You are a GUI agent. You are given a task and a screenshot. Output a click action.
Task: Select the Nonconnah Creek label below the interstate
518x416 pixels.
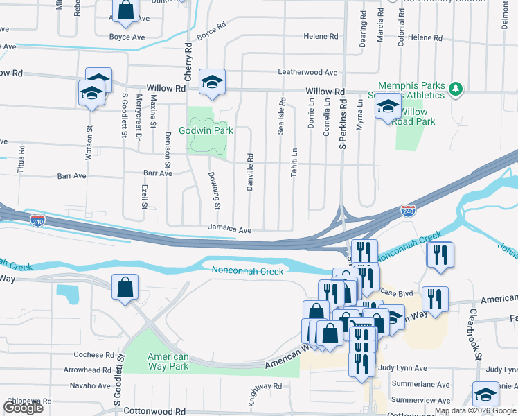coord(247,271)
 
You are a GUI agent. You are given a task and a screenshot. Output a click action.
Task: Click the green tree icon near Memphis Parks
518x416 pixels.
coord(455,88)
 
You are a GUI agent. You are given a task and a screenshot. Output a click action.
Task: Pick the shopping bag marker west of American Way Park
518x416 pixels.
coord(125,288)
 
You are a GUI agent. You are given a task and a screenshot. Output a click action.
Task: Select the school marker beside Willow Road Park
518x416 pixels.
coord(388,107)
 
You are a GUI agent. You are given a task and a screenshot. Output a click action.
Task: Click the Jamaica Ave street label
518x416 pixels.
coord(229,229)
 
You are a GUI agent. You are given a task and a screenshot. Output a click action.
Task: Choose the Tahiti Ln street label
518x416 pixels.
coord(294,162)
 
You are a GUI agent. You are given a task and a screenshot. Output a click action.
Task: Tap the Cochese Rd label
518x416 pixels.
coord(93,354)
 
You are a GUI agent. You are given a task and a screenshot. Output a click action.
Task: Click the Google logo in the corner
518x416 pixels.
coord(23,408)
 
